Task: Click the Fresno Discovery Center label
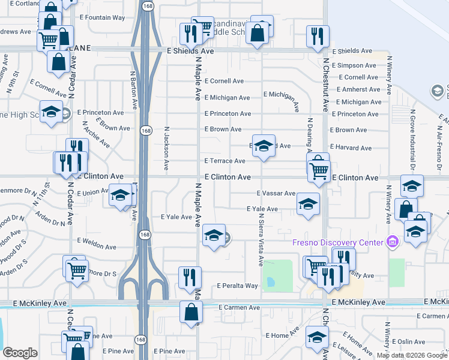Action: (337, 242)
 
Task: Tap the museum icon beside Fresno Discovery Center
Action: (393, 242)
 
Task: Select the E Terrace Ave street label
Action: (225, 161)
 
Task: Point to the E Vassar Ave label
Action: (276, 194)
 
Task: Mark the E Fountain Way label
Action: (105, 18)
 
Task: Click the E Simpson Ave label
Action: (357, 65)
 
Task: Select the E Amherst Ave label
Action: (359, 89)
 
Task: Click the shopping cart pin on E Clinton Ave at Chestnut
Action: (319, 170)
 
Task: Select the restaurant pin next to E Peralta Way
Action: (190, 277)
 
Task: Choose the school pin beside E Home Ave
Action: (317, 337)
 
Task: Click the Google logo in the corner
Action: (20, 353)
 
